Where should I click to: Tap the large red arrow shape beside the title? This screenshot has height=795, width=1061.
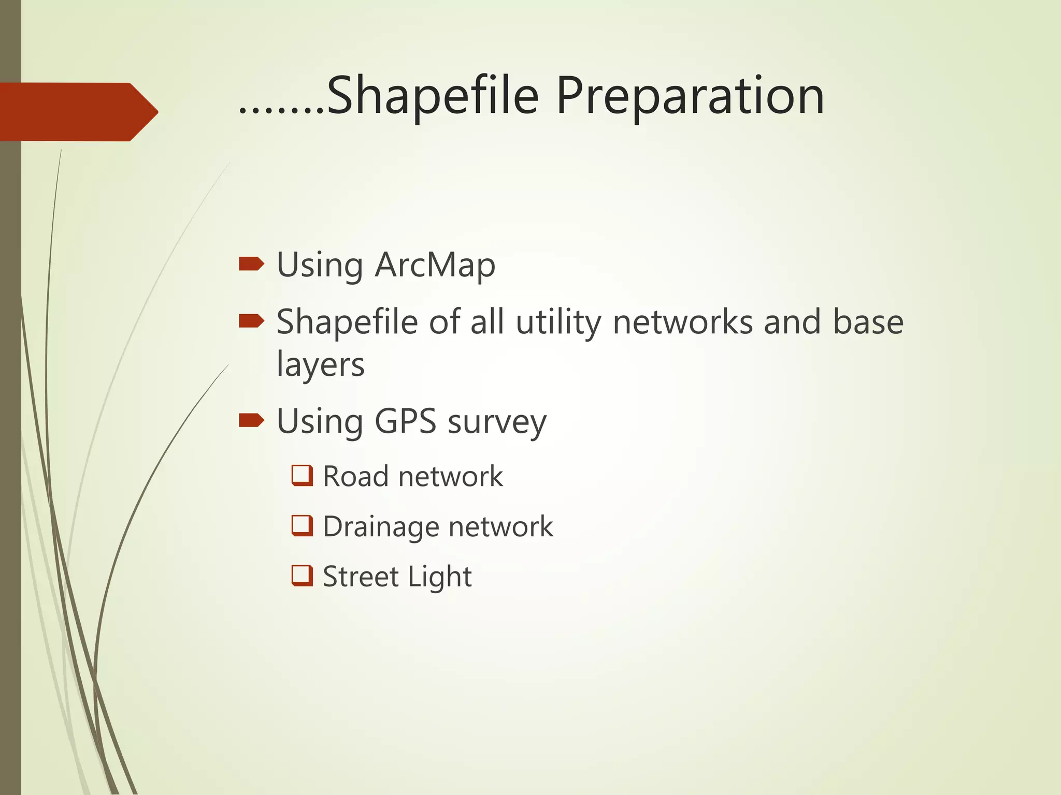[x=78, y=112]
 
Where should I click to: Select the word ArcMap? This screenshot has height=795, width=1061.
[x=435, y=265]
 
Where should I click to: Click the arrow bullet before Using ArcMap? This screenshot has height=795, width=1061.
[x=251, y=264]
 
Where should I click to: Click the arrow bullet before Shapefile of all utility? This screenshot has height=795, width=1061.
[x=251, y=321]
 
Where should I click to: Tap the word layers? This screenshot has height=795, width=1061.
[x=320, y=364]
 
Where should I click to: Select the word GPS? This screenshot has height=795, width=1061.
[x=405, y=421]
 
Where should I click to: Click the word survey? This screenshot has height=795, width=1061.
[x=497, y=422]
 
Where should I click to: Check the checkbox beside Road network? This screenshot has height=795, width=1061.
[x=302, y=475]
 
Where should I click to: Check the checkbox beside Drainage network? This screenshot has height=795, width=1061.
[x=302, y=525]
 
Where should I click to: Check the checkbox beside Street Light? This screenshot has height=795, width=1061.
[x=302, y=576]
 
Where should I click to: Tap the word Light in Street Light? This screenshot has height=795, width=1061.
[x=439, y=577]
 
